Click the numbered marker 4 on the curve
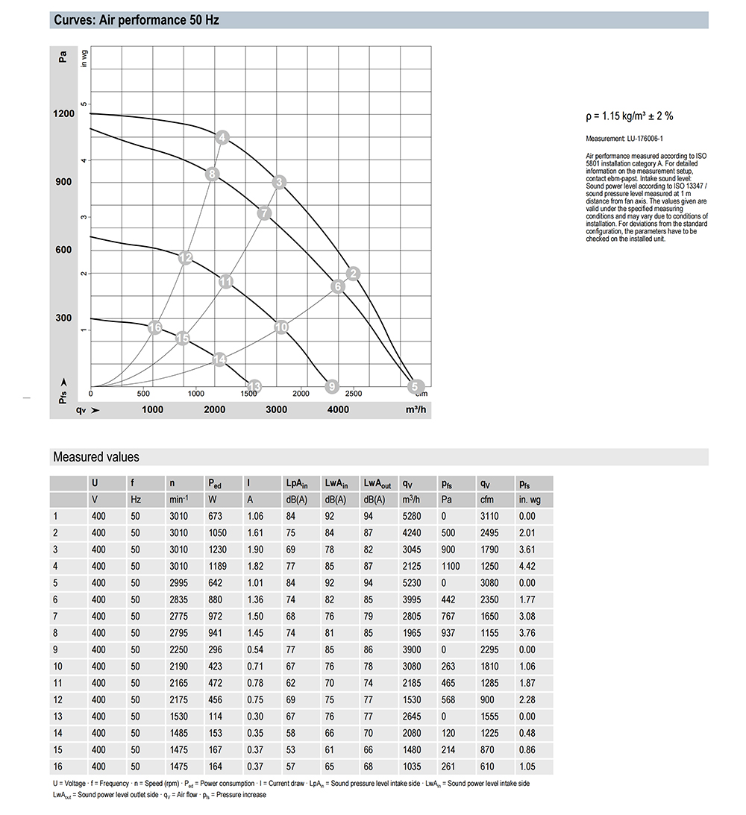[x=222, y=137]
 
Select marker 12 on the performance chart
[x=186, y=258]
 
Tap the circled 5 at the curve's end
[x=415, y=386]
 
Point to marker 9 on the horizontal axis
[x=333, y=386]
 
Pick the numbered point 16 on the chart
[x=155, y=328]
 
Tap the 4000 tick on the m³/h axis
[x=338, y=409]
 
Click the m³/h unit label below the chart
[x=416, y=409]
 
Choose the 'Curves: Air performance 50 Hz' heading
[x=136, y=20]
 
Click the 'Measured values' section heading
[x=95, y=457]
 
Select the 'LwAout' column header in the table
[x=376, y=483]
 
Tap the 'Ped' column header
[x=215, y=483]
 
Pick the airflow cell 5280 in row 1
[x=411, y=516]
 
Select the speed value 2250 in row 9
[x=179, y=650]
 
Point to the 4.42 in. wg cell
[x=527, y=566]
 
